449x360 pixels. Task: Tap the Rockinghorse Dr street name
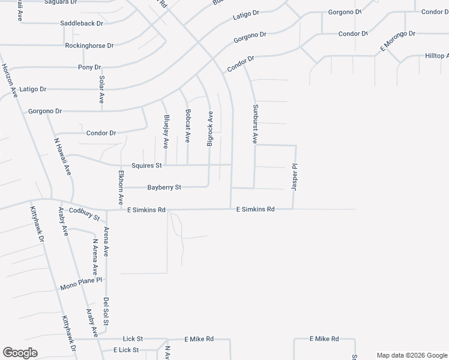(x=89, y=46)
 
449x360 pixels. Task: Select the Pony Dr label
(x=89, y=67)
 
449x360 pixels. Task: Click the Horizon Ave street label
(x=9, y=80)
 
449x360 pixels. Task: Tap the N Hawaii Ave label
(x=66, y=161)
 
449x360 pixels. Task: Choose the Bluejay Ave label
(x=166, y=131)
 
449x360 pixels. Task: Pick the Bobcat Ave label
(x=188, y=125)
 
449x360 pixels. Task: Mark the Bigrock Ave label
(x=210, y=128)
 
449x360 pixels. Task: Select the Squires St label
(x=147, y=166)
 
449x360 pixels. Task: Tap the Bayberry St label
(x=164, y=188)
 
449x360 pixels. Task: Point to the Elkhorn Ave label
(x=121, y=187)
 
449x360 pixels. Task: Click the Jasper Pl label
(x=295, y=178)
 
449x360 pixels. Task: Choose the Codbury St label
(x=83, y=213)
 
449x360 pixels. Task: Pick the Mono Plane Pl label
(x=82, y=284)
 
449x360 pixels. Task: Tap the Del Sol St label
(x=106, y=312)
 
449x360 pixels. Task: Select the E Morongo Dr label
(x=397, y=41)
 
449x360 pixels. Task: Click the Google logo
(x=20, y=353)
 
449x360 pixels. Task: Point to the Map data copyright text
(x=412, y=355)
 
